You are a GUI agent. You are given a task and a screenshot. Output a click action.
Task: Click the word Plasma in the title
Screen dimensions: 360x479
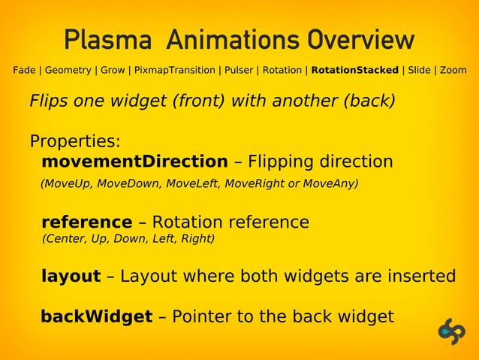[107, 40]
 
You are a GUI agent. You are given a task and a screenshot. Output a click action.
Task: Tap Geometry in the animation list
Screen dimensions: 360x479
[68, 71]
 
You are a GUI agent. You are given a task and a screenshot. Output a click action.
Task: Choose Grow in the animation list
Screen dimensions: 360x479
[113, 71]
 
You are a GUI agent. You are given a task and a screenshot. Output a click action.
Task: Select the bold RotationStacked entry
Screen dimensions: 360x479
[354, 71]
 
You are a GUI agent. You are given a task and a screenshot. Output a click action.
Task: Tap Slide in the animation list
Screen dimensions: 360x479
[419, 71]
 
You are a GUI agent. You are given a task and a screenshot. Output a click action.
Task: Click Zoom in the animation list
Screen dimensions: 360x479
[453, 71]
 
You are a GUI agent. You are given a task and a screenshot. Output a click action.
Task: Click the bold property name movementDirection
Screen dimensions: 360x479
[134, 162]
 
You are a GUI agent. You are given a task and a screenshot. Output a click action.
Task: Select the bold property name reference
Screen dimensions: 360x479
[86, 222]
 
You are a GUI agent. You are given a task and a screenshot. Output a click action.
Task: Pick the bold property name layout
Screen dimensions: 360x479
[71, 277]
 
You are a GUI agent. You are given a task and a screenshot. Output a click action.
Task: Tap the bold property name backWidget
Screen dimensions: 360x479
[96, 316]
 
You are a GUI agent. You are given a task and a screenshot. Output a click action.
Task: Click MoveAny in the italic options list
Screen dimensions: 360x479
[330, 183]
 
